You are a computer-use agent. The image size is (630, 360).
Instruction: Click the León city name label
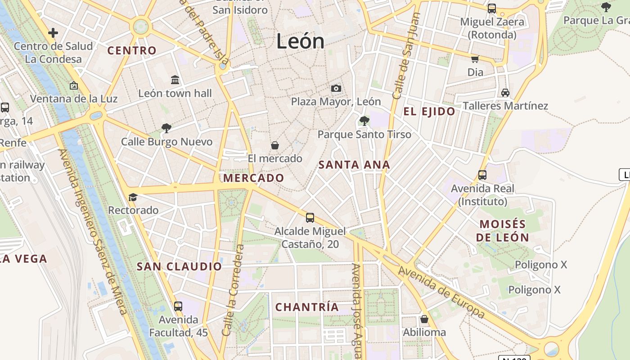coord(300,41)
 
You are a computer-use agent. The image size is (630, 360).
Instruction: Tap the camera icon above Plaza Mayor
coord(336,88)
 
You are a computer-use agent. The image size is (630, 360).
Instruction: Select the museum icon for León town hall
coord(175,80)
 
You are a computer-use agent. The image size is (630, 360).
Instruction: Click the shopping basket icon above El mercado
coord(274,145)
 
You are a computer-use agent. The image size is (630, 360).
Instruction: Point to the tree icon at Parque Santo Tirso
coord(364,121)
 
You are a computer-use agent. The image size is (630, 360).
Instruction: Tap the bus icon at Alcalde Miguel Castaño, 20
coord(310,218)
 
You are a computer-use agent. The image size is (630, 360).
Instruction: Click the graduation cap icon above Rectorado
coord(133,197)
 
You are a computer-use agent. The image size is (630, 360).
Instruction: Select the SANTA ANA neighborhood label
coord(354,165)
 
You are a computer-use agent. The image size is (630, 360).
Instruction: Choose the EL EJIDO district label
coord(429,112)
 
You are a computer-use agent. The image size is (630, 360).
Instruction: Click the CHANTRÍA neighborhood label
coord(307,307)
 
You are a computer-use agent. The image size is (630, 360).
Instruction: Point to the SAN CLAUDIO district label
coord(179,266)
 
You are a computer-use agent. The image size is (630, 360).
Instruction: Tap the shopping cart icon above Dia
coord(475,59)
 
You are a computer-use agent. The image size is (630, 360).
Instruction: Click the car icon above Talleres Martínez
coord(505,93)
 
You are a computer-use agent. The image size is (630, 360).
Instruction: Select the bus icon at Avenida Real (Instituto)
coord(482,175)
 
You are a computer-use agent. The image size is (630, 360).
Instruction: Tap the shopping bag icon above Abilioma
coord(424,319)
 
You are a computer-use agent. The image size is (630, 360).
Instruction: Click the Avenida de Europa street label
coord(441,292)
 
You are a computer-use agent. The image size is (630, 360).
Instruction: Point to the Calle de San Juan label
coord(406,56)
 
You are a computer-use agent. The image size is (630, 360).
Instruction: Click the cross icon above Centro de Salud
coord(53,33)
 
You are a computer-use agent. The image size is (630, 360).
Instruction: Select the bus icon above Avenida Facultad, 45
coord(178,306)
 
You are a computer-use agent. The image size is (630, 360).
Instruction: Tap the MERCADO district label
coord(254,178)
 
